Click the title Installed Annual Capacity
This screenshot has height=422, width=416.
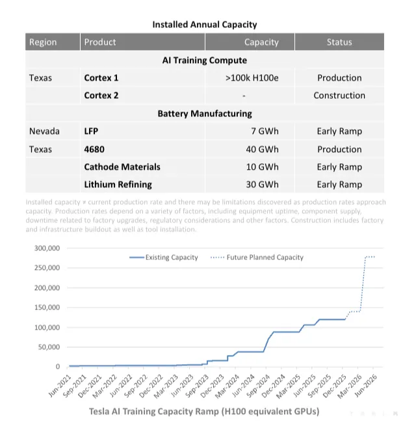(205, 25)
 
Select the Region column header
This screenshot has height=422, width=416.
(43, 42)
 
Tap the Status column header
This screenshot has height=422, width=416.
(339, 42)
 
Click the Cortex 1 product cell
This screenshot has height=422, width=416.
(101, 78)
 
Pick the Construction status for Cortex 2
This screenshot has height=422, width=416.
(339, 96)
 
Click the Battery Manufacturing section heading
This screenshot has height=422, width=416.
(205, 113)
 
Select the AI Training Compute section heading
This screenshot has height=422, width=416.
(205, 60)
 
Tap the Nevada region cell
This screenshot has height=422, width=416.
(44, 131)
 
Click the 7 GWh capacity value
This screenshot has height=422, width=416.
(265, 131)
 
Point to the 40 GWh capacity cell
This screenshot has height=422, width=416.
(262, 149)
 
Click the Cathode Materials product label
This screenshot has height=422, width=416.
(122, 167)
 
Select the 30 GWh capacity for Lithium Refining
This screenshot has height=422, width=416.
(262, 185)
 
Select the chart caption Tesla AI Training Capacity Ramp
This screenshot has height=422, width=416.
(203, 412)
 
